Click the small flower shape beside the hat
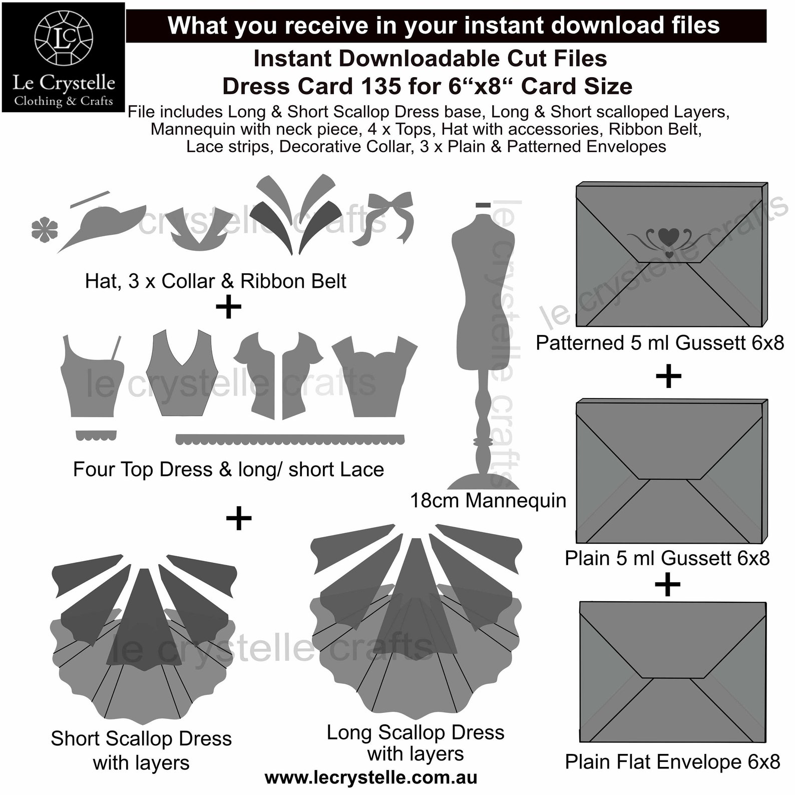pyautogui.click(x=44, y=229)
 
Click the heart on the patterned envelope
pyautogui.click(x=669, y=236)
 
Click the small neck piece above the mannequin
pyautogui.click(x=483, y=205)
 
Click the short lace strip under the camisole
pyautogui.click(x=96, y=435)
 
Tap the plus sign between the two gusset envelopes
pyautogui.click(x=668, y=376)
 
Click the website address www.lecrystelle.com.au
pyautogui.click(x=370, y=777)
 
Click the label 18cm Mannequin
pyautogui.click(x=488, y=500)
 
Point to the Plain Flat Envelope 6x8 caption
pyautogui.click(x=672, y=761)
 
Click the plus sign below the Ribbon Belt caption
pyautogui.click(x=228, y=307)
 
